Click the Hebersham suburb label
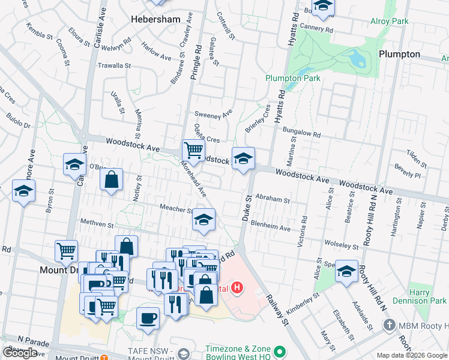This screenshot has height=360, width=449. (155, 19)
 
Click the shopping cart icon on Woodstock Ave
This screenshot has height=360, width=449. (193, 149)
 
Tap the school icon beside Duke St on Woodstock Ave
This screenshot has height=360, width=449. (243, 159)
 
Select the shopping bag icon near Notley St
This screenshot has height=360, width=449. (112, 179)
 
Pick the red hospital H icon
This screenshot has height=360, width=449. (238, 288)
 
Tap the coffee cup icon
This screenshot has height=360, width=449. (148, 318)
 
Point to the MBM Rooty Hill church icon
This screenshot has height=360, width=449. (389, 326)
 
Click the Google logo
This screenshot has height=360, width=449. (20, 353)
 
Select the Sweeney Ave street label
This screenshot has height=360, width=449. (213, 114)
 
